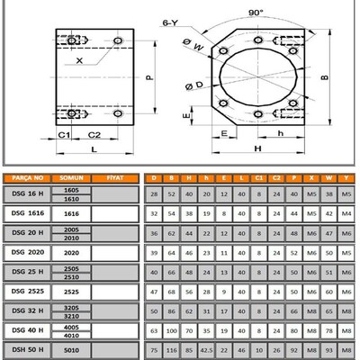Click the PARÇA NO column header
click(x=25, y=178)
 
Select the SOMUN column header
click(x=70, y=178)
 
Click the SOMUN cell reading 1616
click(x=70, y=213)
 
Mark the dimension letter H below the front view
click(x=258, y=148)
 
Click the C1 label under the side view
click(x=65, y=135)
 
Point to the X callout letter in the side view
click(x=80, y=61)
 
